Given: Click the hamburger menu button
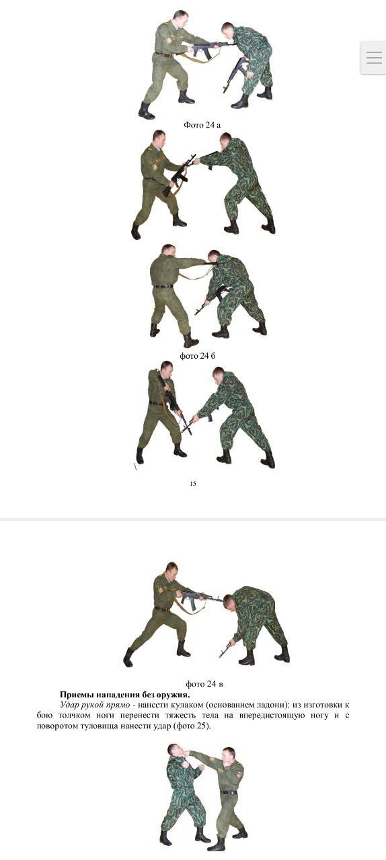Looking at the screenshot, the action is [374, 58].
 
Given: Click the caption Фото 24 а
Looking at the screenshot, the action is [202, 125].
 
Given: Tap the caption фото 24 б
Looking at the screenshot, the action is [198, 356].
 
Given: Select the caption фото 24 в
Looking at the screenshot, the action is [204, 684].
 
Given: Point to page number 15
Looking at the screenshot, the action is [193, 483].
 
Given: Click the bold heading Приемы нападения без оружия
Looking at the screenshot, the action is [124, 695].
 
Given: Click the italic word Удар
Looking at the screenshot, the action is [69, 705].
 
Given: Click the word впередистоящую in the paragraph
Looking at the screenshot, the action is [271, 716].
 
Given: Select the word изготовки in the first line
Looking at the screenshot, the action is [323, 705].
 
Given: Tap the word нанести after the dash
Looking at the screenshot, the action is [151, 705].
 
